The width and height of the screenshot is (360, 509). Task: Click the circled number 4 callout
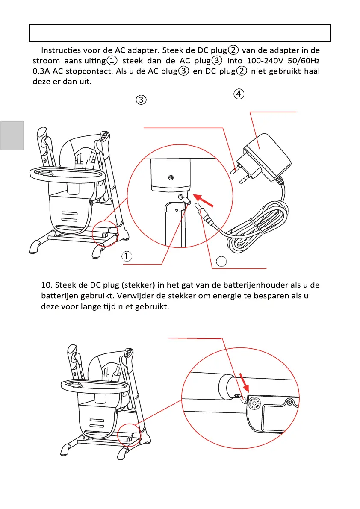[239, 94]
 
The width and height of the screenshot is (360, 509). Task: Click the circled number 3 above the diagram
[142, 100]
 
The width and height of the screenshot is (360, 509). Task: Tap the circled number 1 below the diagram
[127, 256]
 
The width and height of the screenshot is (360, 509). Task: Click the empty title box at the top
[180, 33]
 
